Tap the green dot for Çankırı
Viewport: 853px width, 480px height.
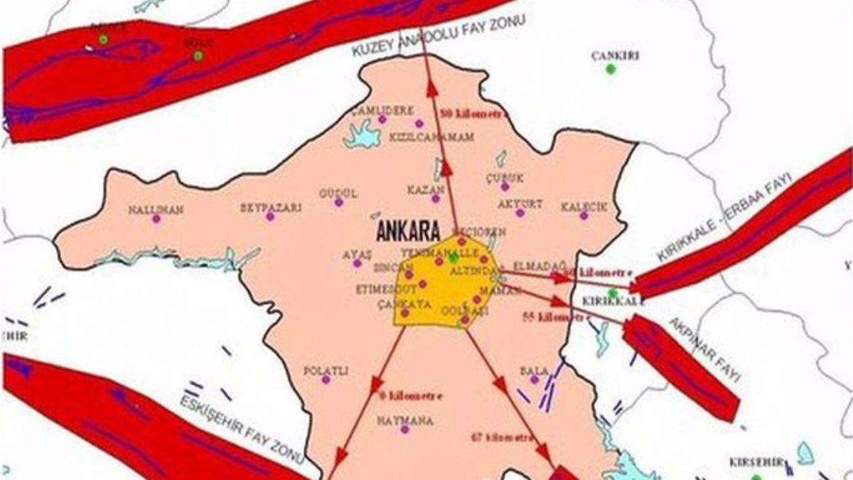[x=610, y=69]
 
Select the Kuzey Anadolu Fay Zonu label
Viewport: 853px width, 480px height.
[x=438, y=37]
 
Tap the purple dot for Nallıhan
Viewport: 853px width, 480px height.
[x=156, y=219]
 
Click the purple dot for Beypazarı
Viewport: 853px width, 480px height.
[x=270, y=217]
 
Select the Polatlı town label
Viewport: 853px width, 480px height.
[x=326, y=370]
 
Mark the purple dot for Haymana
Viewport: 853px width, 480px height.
[x=404, y=430]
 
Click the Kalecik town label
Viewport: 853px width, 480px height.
[x=584, y=207]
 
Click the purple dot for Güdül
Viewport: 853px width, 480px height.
[x=339, y=203]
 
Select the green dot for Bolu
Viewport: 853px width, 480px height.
[x=198, y=55]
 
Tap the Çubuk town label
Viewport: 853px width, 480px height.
[x=504, y=178]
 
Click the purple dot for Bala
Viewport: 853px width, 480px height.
[x=534, y=380]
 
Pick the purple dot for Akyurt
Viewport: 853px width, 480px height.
[x=520, y=213]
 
